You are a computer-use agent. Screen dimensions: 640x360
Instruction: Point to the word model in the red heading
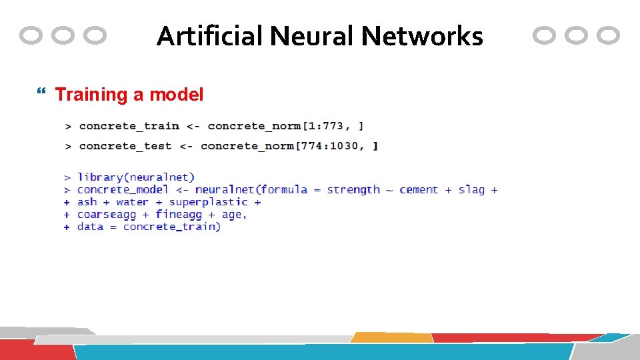176,95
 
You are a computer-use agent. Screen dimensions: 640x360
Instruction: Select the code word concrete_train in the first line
129,125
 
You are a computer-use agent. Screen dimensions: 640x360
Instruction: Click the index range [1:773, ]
331,125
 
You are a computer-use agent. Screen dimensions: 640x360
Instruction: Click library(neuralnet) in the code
136,177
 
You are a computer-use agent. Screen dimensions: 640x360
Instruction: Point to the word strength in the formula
353,189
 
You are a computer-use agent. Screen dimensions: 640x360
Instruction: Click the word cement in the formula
419,189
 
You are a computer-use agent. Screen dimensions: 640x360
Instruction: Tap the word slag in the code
471,189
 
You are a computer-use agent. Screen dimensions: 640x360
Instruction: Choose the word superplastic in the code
208,202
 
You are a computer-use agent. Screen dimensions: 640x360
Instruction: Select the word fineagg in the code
179,214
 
